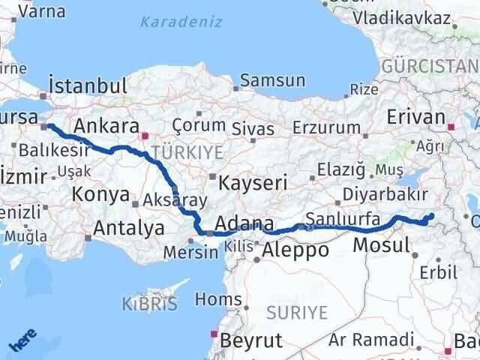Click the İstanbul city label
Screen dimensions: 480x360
tap(87, 85)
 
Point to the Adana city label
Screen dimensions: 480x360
tap(244, 223)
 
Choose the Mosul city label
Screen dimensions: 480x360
tap(381, 244)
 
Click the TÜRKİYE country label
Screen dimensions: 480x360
tap(187, 152)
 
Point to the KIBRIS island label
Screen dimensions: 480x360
tap(149, 304)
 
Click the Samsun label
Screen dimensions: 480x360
tap(272, 80)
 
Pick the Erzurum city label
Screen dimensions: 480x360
tap(326, 127)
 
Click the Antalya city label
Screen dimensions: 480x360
tap(128, 227)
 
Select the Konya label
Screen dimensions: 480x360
tap(100, 194)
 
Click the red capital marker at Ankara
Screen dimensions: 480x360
tap(145, 136)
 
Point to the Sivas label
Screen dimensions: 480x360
tap(253, 128)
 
